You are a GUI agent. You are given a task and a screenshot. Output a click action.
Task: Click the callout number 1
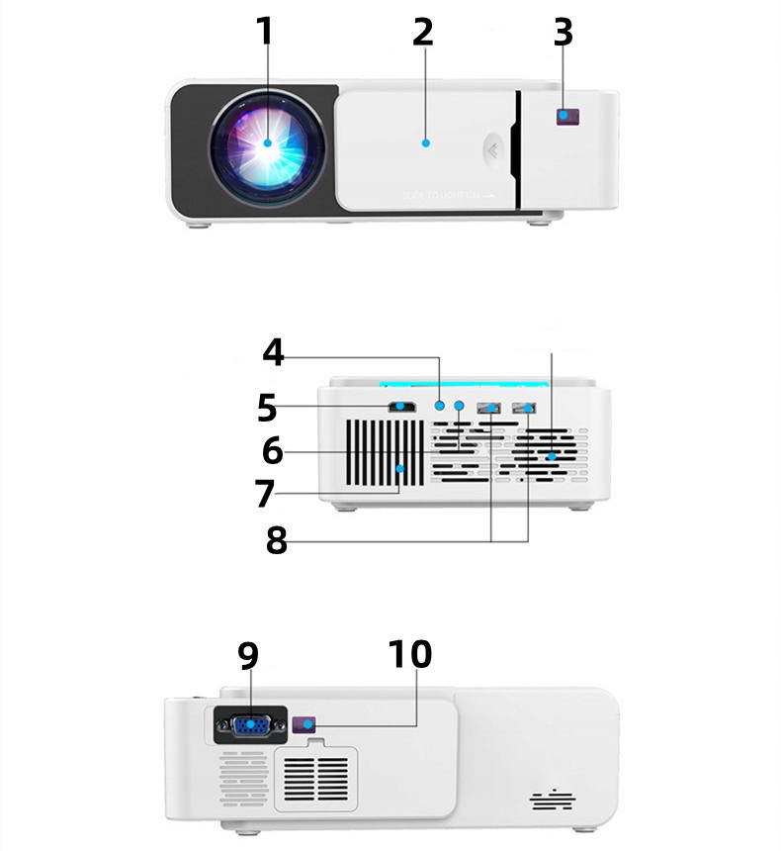click(x=265, y=33)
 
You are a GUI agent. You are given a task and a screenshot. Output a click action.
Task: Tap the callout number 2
click(x=423, y=33)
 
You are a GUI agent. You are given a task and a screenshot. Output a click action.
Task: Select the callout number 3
click(x=563, y=33)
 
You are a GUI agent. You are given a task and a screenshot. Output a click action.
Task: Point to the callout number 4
click(x=274, y=352)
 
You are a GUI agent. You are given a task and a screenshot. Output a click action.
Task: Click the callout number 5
click(x=266, y=407)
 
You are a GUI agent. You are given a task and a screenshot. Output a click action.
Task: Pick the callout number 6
click(x=273, y=451)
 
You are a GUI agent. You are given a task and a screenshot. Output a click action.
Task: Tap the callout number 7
click(x=263, y=492)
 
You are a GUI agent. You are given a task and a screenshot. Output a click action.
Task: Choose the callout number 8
click(x=277, y=540)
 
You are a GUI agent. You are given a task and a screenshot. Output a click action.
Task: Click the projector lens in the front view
click(x=267, y=142)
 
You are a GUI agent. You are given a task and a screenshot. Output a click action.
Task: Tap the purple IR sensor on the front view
click(x=565, y=117)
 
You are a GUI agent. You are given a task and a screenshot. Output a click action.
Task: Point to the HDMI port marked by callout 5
click(x=402, y=406)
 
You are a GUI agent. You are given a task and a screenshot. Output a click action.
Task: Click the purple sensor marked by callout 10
click(x=307, y=725)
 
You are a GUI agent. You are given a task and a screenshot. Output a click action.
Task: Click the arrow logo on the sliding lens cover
click(x=490, y=150)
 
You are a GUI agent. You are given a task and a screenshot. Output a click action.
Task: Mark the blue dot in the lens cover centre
click(x=425, y=142)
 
